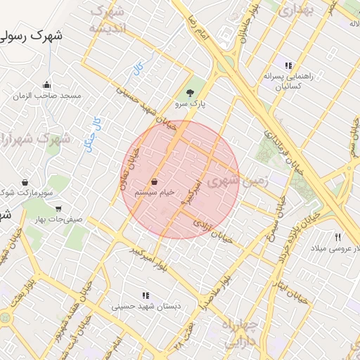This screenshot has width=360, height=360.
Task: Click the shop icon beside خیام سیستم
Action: [x=153, y=181]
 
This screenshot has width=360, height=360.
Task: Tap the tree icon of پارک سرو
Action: [x=189, y=92]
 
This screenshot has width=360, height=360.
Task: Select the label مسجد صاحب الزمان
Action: [x=51, y=96]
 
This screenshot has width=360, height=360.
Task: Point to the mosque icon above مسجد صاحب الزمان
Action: [x=46, y=85]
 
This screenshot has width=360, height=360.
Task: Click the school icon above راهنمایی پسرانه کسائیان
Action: [x=288, y=65]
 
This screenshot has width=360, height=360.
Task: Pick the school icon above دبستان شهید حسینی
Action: [x=146, y=296]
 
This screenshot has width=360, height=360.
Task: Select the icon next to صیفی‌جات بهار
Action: [x=58, y=208]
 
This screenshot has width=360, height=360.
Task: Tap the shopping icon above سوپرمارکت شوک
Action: [x=25, y=182]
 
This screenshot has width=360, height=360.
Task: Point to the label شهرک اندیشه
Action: [x=108, y=20]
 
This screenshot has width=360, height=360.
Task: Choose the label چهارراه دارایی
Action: [x=240, y=335]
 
